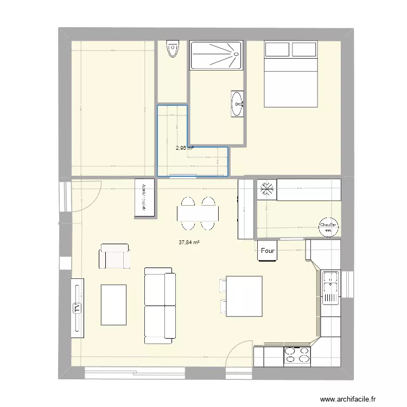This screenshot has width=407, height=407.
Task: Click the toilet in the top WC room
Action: (x=173, y=49)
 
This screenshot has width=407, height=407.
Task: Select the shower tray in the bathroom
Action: (x=216, y=55)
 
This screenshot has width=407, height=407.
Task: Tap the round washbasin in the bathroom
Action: (x=237, y=104)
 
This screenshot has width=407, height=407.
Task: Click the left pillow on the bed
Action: (x=277, y=49)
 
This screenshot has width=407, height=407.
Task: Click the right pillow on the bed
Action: (x=304, y=49)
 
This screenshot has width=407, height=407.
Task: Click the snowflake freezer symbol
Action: (x=266, y=189)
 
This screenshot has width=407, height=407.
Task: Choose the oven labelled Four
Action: (x=267, y=251)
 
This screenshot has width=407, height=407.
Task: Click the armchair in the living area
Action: (x=115, y=256)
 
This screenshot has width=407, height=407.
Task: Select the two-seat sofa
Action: (x=159, y=305)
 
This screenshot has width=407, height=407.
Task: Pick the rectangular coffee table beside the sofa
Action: (x=113, y=304)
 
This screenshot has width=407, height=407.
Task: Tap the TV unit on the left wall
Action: (x=77, y=308)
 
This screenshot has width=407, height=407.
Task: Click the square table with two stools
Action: (x=244, y=296)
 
